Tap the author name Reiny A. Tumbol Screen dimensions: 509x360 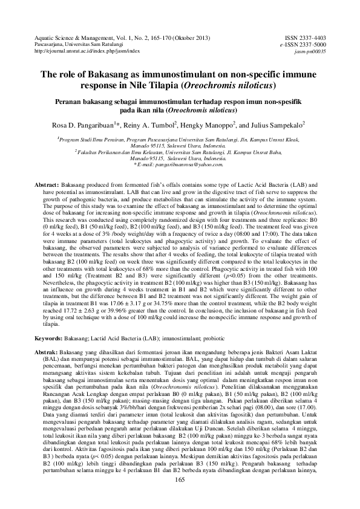coord(148,126)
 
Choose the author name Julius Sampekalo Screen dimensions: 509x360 coord(275,126)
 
